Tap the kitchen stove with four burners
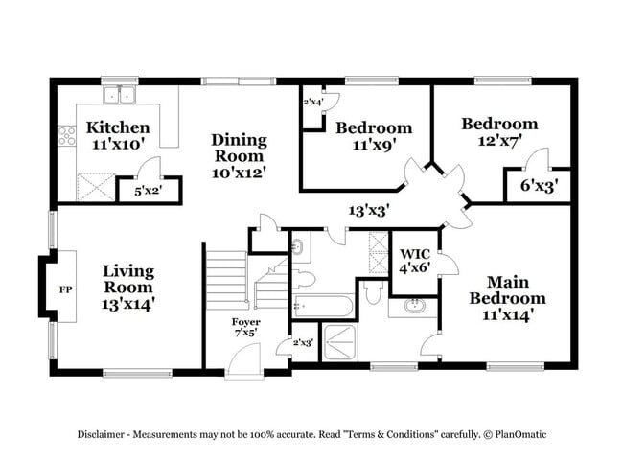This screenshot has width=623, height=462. [67, 136]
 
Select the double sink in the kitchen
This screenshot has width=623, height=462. [120, 94]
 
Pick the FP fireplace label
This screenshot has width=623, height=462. [66, 288]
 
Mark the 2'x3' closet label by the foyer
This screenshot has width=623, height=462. [303, 342]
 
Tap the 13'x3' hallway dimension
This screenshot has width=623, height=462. [368, 209]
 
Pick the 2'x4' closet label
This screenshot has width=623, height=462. [312, 102]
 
